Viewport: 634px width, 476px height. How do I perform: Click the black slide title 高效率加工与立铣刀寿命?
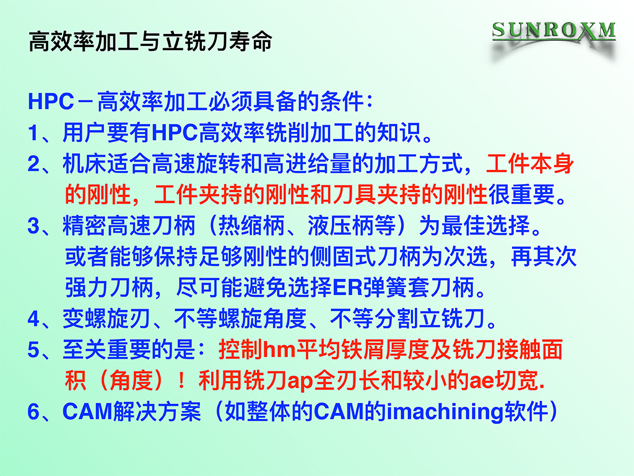(x=150, y=42)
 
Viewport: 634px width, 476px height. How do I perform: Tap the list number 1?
(x=33, y=133)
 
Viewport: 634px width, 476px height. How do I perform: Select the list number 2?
(x=33, y=164)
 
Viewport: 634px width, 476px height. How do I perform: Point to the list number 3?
(x=33, y=226)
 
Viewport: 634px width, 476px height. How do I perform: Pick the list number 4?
(x=33, y=319)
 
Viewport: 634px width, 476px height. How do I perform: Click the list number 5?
(x=33, y=350)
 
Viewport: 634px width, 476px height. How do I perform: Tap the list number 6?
(x=33, y=412)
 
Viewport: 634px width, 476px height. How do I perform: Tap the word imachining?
(x=445, y=412)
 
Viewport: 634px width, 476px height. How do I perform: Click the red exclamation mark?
(x=181, y=381)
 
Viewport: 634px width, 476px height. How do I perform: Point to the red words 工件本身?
(x=530, y=164)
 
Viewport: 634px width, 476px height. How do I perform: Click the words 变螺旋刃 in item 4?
(x=106, y=319)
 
